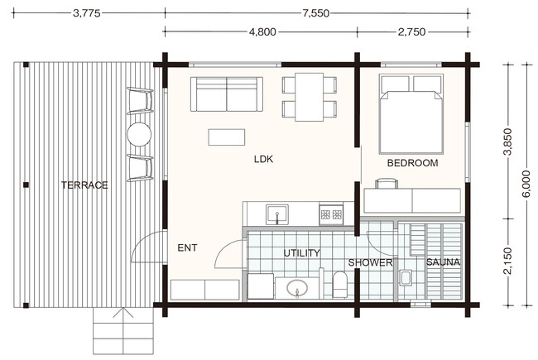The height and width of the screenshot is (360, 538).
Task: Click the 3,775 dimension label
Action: tap(86, 13)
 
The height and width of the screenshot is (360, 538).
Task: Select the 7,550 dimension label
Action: tap(315, 13)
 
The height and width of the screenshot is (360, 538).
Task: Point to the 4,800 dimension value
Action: tap(262, 32)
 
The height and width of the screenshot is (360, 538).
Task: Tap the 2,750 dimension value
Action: tap(411, 32)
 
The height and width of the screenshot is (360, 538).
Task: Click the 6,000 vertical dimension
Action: tap(526, 184)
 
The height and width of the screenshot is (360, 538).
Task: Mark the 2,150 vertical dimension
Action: tap(507, 261)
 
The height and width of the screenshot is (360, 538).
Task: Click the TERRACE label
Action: tap(84, 185)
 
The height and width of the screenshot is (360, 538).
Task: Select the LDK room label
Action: tap(263, 159)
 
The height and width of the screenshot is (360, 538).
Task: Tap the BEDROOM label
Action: tap(412, 163)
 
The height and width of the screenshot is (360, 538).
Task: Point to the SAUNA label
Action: tap(443, 262)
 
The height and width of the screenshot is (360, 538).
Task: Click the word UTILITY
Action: tap(302, 253)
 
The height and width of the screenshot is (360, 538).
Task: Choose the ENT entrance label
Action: tap(187, 247)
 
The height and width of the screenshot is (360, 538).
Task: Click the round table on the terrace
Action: tap(139, 134)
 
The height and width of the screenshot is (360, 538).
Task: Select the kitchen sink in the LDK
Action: tap(277, 214)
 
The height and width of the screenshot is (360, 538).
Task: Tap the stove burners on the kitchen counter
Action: tap(331, 215)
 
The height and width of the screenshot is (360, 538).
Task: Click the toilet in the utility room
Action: tap(340, 285)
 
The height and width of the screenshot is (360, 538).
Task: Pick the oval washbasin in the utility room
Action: tap(297, 288)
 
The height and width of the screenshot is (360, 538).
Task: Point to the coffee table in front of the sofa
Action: tap(227, 137)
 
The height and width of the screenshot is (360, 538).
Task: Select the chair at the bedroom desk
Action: tap(387, 183)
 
